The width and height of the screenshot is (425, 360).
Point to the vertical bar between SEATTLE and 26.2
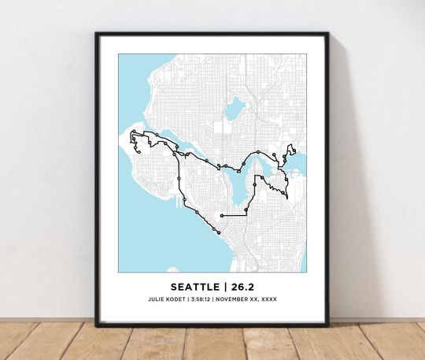coord(225,287)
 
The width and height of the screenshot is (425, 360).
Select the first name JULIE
coord(155,299)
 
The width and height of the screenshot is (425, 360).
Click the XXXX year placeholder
coord(268,299)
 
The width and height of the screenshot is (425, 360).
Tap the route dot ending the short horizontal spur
coord(222,215)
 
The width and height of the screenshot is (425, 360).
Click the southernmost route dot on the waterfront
coord(215,231)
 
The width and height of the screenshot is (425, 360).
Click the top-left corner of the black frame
coord(97,33)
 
